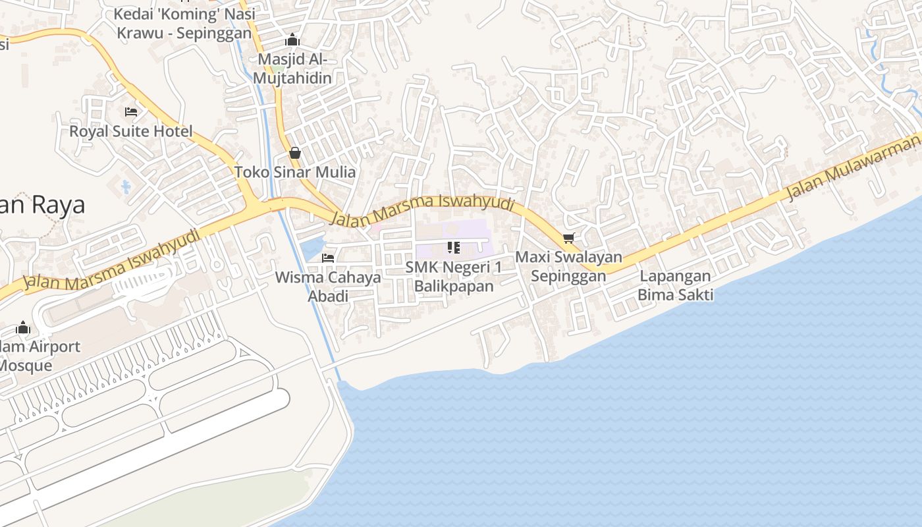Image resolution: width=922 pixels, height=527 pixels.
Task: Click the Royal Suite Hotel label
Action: [x=131, y=131]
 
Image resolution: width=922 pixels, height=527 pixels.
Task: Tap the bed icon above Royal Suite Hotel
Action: [x=131, y=112]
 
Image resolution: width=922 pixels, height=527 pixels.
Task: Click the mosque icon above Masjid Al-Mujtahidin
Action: [x=293, y=40]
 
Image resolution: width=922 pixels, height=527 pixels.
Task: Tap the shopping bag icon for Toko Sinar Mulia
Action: [x=295, y=153]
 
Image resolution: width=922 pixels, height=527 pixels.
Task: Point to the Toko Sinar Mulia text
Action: [x=295, y=173]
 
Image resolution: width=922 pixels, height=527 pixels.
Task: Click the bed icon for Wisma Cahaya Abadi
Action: [x=328, y=258]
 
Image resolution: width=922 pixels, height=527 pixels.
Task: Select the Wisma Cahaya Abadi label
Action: [x=328, y=287]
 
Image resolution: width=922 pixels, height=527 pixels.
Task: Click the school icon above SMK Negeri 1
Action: [x=453, y=248]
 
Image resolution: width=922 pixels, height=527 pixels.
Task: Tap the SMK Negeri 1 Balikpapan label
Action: [x=453, y=277]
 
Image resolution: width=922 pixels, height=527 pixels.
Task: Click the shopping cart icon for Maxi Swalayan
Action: [x=568, y=238]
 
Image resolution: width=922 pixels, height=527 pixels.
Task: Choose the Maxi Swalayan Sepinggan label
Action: [x=568, y=266]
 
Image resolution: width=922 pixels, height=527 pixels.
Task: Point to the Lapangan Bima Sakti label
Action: [x=675, y=285]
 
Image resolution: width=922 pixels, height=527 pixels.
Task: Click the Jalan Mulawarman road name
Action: [x=853, y=166]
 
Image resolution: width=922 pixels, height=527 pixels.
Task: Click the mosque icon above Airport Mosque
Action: [x=23, y=327]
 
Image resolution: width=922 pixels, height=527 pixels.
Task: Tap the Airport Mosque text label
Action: [x=36, y=356]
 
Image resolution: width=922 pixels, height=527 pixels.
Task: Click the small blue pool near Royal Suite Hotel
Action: [x=126, y=187]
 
